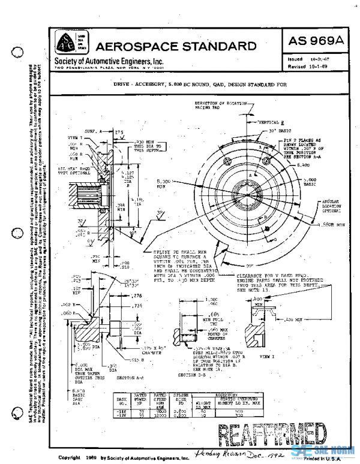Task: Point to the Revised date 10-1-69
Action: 312,68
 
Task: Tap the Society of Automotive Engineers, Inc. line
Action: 109,62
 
